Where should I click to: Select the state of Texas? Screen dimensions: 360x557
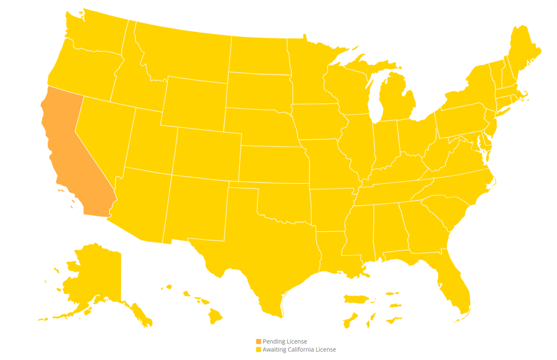point(256,251)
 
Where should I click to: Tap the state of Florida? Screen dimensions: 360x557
point(454,284)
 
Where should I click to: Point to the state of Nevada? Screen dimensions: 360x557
point(103,134)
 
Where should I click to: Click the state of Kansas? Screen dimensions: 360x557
point(273,164)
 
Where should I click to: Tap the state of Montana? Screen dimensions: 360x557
point(181,53)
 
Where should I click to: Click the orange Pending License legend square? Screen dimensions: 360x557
point(258,341)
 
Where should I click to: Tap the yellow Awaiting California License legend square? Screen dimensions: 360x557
point(258,349)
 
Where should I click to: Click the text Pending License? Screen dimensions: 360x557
point(285,341)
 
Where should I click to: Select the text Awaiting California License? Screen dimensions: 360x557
point(299,349)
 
